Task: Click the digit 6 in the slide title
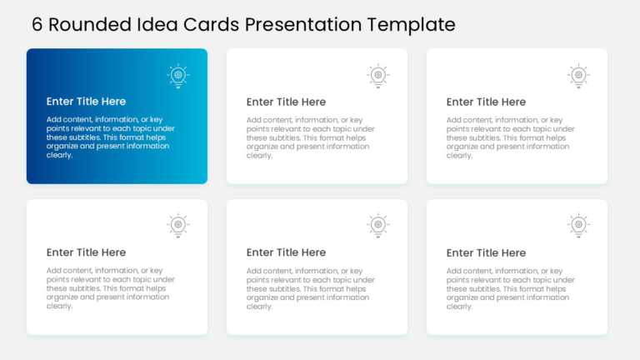pos(37,25)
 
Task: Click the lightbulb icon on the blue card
pos(177,76)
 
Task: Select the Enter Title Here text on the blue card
pos(86,102)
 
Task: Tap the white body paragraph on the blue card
pos(110,137)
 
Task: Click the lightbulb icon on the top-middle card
pos(377,76)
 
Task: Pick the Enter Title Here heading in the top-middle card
pos(286,102)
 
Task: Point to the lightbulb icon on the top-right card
pos(578,76)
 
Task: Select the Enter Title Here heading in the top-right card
pos(486,102)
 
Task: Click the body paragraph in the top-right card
pos(510,137)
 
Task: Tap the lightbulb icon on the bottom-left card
pos(177,226)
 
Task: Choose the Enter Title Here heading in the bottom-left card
pos(86,252)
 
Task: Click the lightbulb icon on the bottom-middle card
pos(377,226)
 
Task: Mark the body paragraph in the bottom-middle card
pos(310,288)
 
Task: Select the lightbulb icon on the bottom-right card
pos(578,226)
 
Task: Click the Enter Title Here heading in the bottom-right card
pos(486,252)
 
